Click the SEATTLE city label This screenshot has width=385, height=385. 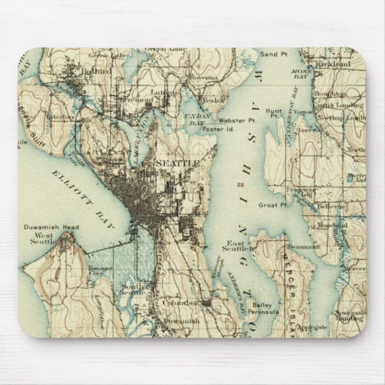click(177, 163)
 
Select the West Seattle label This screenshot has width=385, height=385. click(42, 239)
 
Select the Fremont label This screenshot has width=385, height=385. click(139, 99)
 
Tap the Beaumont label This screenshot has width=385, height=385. click(303, 246)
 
